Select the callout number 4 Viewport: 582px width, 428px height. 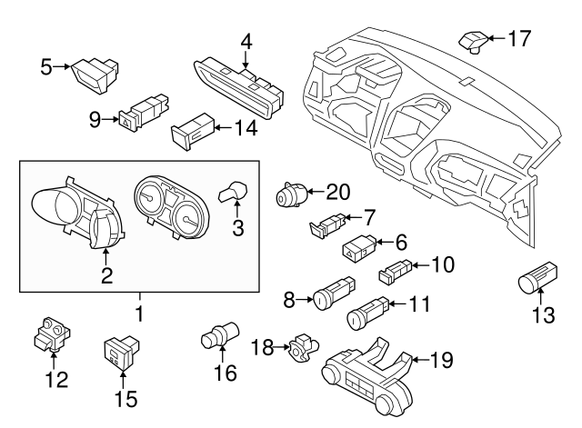pyautogui.click(x=246, y=42)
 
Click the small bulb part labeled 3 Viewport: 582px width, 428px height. pyautogui.click(x=235, y=191)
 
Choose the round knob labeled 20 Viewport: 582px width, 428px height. pyautogui.click(x=290, y=195)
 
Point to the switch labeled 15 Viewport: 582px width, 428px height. pyautogui.click(x=120, y=349)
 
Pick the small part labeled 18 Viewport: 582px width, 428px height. pyautogui.click(x=300, y=345)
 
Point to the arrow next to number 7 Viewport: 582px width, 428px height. pyautogui.click(x=355, y=217)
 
